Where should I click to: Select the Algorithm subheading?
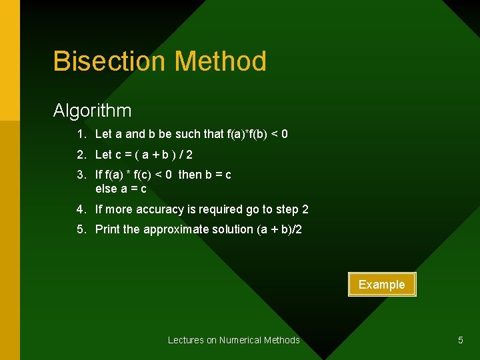(x=92, y=110)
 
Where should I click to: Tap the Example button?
(x=381, y=285)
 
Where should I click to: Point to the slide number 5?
(x=460, y=340)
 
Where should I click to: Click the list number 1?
(x=80, y=134)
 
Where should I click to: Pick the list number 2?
(x=80, y=155)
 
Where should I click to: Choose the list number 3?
(x=80, y=175)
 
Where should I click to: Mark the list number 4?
(x=80, y=209)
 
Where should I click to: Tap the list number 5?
(x=80, y=229)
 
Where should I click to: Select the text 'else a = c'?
(x=121, y=189)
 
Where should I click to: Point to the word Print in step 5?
(x=107, y=229)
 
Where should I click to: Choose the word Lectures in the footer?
(x=186, y=340)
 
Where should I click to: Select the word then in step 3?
(x=190, y=175)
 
